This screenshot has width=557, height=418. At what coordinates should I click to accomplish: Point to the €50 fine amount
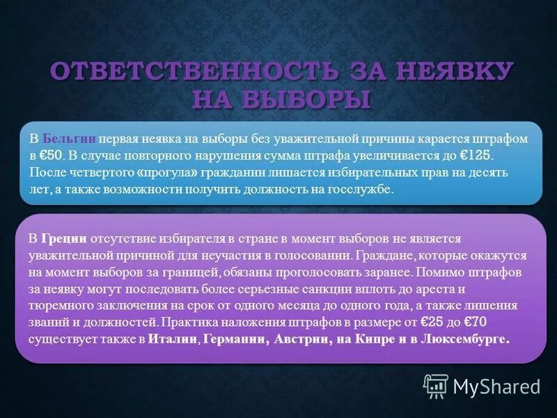coord(56,155)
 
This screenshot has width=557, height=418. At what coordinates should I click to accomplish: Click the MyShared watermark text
coord(496,386)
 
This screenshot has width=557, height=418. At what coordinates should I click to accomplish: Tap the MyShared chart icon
coord(436,385)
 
